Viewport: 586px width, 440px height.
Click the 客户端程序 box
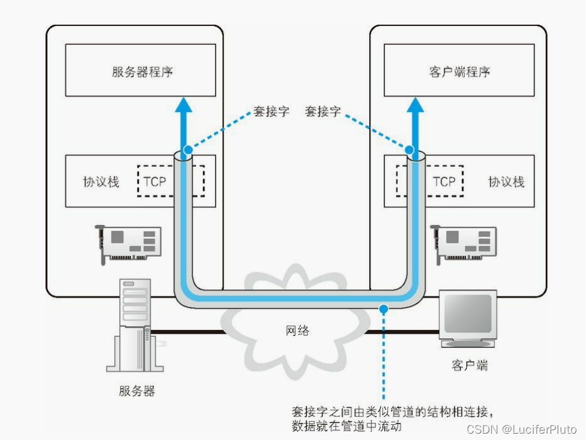pos(459,70)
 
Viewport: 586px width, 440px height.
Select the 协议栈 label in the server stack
pos(101,182)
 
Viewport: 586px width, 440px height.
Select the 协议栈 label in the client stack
pos(506,182)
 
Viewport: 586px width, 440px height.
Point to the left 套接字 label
pos(271,111)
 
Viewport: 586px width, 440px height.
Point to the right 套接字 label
pos(322,111)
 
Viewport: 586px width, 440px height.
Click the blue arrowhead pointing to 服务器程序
pos(184,104)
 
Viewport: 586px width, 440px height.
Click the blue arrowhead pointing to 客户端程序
pos(415,104)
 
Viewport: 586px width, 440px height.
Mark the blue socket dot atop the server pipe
pos(186,150)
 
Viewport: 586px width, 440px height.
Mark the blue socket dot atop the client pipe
pos(410,150)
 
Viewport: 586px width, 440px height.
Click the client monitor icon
pos(468,319)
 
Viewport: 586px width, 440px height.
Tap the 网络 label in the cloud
pos(296,330)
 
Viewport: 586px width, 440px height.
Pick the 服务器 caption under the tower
pos(137,391)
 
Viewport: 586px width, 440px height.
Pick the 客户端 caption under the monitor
pos(470,365)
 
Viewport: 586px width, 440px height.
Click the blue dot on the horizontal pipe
pos(382,309)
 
